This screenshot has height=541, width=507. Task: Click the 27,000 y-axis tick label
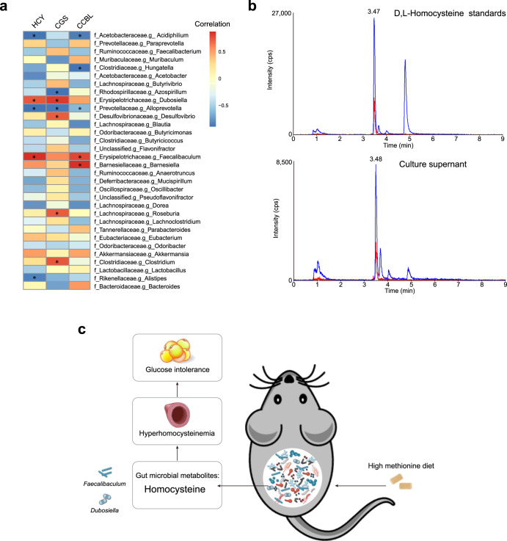coord(278,14)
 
